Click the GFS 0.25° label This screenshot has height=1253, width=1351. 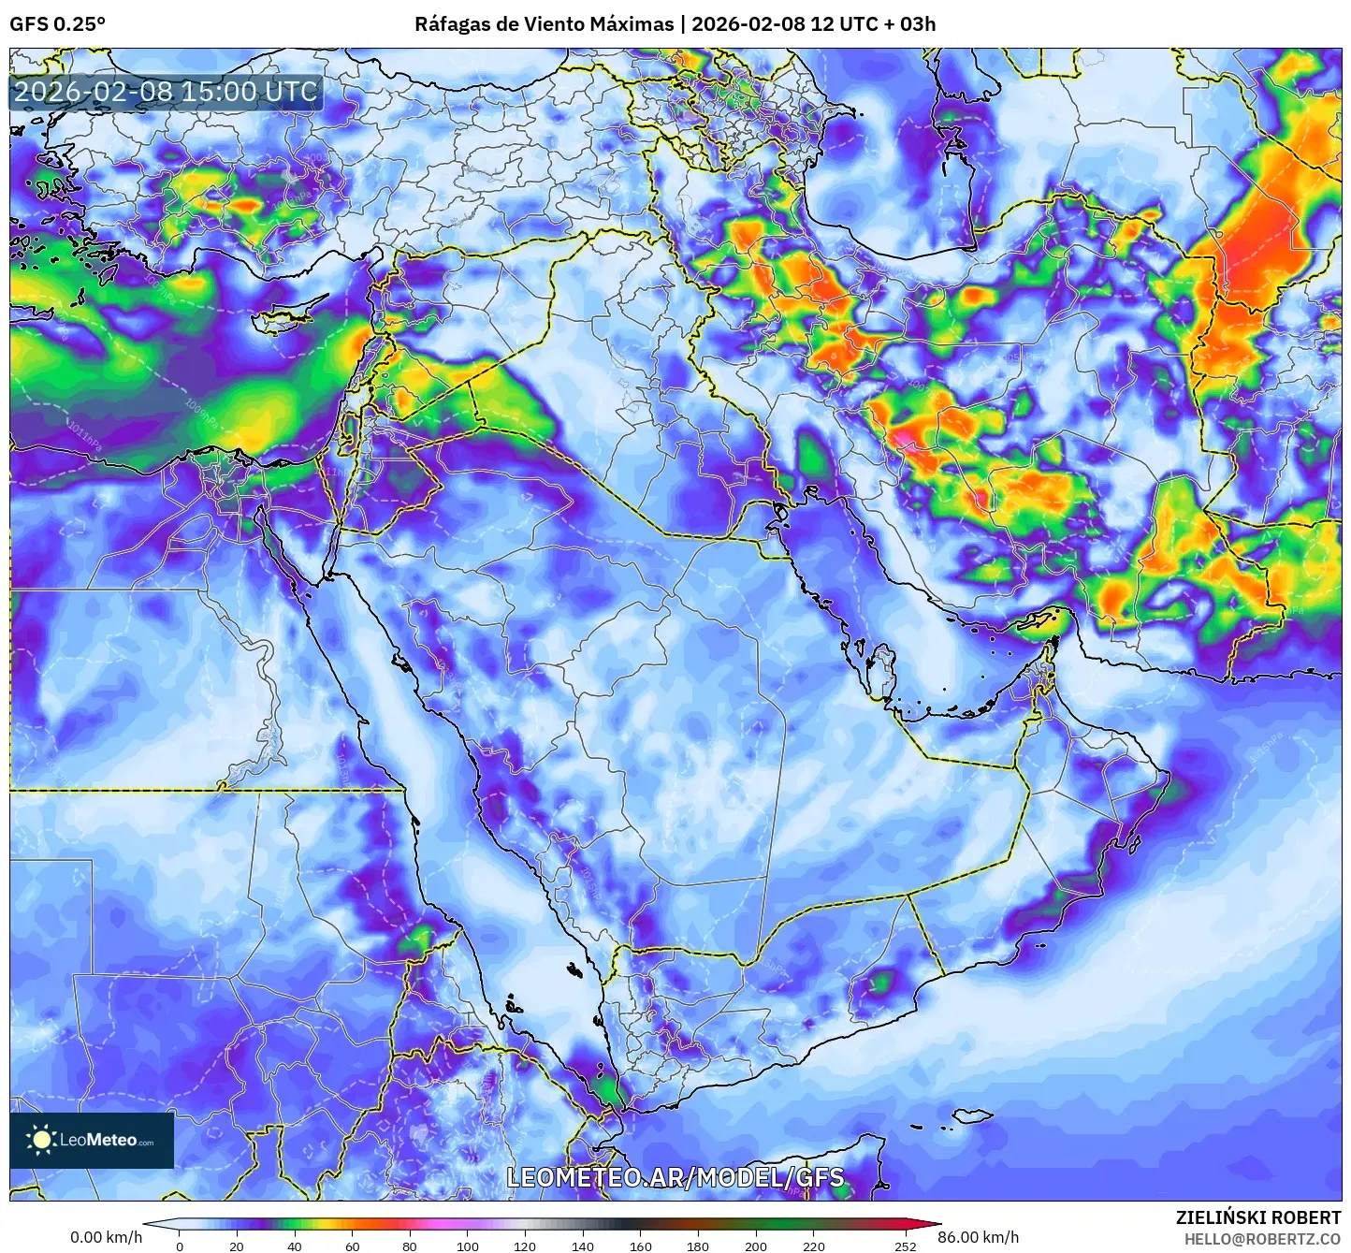pyautogui.click(x=57, y=24)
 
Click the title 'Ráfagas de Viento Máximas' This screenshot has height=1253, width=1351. pyautogui.click(x=544, y=24)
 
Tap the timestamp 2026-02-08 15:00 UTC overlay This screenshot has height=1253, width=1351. pyautogui.click(x=166, y=92)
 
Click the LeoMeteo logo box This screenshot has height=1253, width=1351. pyautogui.click(x=92, y=1140)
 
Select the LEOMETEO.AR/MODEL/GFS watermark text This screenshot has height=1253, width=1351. pyautogui.click(x=675, y=1177)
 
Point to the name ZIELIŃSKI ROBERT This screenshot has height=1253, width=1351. pyautogui.click(x=1257, y=1217)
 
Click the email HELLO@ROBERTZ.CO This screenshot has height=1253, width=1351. pyautogui.click(x=1262, y=1238)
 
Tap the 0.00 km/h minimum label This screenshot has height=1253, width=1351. pyautogui.click(x=106, y=1237)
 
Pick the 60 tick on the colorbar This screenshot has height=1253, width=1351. pyautogui.click(x=353, y=1246)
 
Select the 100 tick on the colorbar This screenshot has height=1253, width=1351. pyautogui.click(x=468, y=1246)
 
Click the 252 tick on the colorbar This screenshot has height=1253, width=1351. pyautogui.click(x=905, y=1246)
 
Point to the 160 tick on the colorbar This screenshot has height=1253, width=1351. pyautogui.click(x=641, y=1246)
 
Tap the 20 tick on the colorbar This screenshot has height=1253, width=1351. pyautogui.click(x=237, y=1246)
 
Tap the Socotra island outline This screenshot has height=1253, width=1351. pyautogui.click(x=974, y=1115)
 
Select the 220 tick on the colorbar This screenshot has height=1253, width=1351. pyautogui.click(x=814, y=1246)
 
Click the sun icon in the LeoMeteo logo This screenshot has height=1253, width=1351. pyautogui.click(x=41, y=1140)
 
